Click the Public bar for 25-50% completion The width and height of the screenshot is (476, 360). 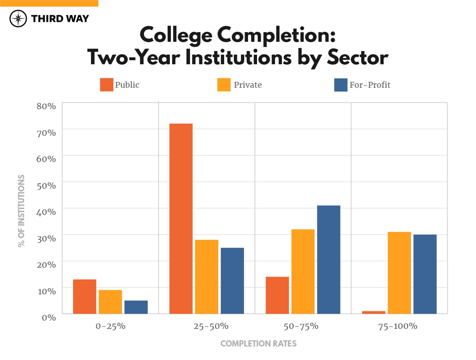181,219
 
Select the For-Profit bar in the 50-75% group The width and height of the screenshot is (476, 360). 328,259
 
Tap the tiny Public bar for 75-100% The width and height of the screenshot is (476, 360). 373,312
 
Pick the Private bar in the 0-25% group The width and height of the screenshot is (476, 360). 110,302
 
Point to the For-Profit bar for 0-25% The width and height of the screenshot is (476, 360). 136,307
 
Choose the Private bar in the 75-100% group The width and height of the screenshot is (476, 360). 399,273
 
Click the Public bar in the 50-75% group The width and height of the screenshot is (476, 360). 277,295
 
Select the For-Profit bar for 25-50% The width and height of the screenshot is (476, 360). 232,281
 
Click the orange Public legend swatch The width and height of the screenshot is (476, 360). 106,85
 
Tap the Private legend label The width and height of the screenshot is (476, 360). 248,85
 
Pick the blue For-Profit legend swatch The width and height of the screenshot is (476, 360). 341,85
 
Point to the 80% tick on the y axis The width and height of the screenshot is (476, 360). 46,106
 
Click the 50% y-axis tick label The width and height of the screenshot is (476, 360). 46,185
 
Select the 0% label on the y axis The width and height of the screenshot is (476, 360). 49,318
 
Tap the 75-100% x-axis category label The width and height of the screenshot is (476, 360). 398,326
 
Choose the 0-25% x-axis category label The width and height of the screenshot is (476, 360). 110,326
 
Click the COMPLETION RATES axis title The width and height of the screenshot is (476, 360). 258,344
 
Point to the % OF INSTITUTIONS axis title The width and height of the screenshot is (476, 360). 21,211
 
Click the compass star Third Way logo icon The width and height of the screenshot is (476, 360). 18,19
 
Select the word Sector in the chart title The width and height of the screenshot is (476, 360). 357,58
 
